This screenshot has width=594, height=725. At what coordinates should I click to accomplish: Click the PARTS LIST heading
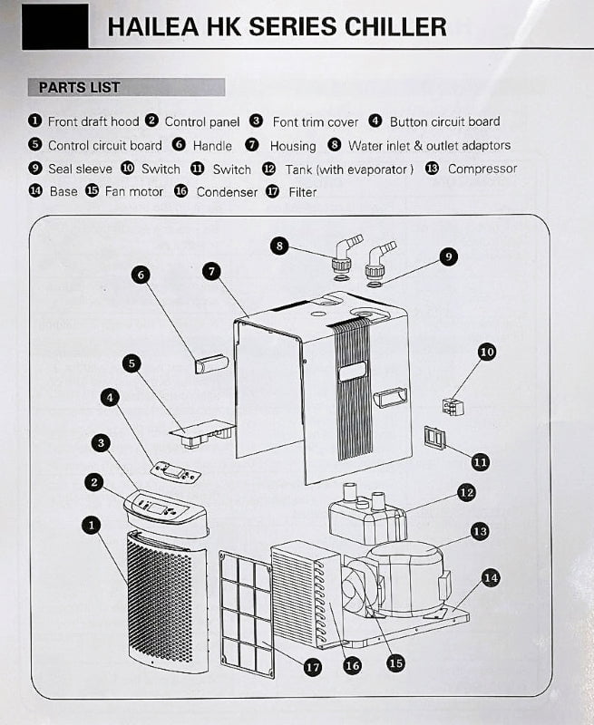click(79, 88)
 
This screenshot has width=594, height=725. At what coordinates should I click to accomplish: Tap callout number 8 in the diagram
click(281, 246)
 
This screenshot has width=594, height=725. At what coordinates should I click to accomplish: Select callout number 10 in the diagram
click(487, 352)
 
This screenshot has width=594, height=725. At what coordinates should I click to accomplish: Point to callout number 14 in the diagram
click(491, 577)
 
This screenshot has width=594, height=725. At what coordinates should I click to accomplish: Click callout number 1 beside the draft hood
click(91, 524)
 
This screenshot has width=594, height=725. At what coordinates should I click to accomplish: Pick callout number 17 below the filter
click(312, 667)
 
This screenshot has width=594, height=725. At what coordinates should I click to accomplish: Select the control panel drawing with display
click(165, 509)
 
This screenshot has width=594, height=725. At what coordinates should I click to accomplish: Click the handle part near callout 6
click(207, 364)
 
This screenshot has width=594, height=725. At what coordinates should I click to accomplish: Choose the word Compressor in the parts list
click(482, 169)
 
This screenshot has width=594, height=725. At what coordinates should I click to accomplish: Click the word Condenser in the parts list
click(227, 192)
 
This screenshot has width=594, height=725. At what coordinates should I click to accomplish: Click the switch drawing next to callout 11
click(435, 440)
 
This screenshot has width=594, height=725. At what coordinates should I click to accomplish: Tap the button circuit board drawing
click(176, 471)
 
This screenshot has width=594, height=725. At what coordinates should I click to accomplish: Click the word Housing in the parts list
click(293, 145)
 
